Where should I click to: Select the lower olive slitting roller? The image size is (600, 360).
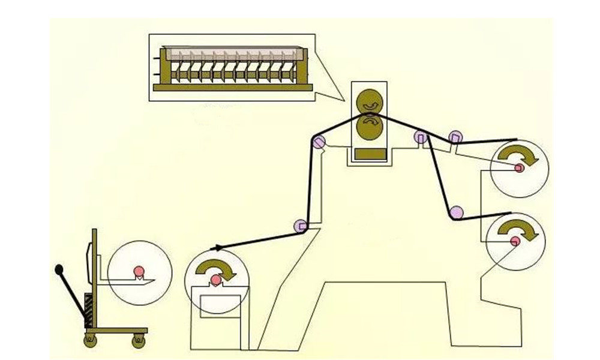[x=369, y=128]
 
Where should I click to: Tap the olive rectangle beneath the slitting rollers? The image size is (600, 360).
[x=369, y=154]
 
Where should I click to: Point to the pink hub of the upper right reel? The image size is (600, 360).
[x=518, y=168]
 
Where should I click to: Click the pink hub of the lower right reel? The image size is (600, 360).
[x=515, y=241]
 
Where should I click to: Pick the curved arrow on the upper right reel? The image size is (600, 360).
[x=520, y=155]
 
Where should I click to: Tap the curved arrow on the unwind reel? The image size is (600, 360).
[x=215, y=267]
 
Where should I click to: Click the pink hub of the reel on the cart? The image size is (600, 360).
[x=139, y=270]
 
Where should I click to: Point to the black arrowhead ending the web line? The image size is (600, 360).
[x=214, y=247]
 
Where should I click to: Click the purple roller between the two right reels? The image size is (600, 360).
[x=456, y=211]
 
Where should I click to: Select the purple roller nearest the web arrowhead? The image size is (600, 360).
[x=299, y=226]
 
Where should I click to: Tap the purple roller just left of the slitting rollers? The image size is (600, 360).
[x=319, y=142]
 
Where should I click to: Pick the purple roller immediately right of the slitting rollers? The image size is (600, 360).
[x=420, y=137]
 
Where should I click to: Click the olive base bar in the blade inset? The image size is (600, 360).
[x=233, y=87]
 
